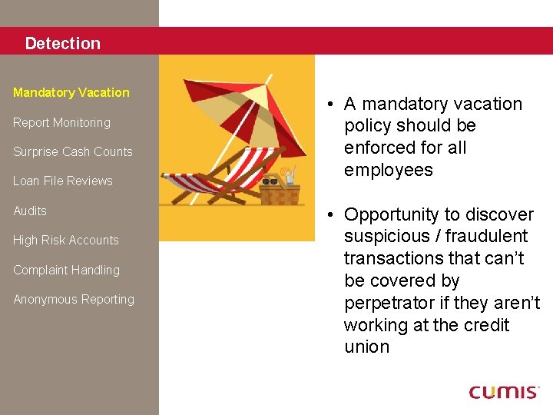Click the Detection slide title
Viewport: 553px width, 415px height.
point(62,44)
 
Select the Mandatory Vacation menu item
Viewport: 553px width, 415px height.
point(71,92)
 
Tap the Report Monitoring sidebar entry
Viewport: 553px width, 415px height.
point(61,122)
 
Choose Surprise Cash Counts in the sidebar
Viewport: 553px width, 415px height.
point(73,151)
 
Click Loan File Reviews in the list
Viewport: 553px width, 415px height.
point(63,181)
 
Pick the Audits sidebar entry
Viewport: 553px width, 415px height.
point(30,211)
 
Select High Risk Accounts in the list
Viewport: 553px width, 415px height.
point(66,240)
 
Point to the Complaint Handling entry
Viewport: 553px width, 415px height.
point(67,270)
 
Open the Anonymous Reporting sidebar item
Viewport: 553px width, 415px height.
point(74,299)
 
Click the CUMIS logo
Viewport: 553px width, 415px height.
point(504,392)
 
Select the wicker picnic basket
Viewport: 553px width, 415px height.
point(279,194)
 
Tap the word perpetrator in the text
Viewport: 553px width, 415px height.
point(392,303)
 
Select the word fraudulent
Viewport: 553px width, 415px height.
point(485,237)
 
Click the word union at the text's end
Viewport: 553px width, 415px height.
point(366,347)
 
